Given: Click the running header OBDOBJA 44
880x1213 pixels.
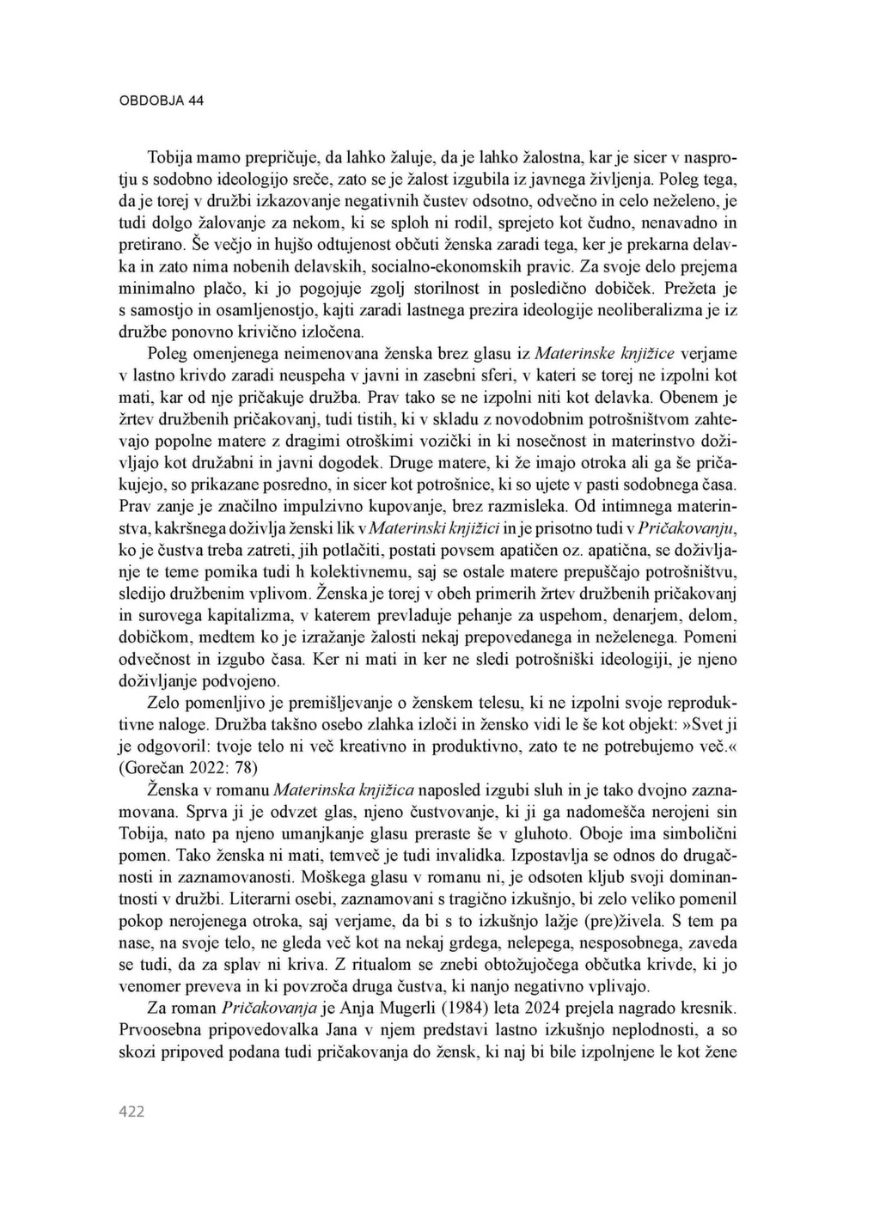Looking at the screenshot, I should click(161, 101).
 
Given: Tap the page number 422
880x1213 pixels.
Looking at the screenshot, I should click(131, 1112).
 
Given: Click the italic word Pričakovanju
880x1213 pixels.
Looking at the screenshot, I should click(691, 527).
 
